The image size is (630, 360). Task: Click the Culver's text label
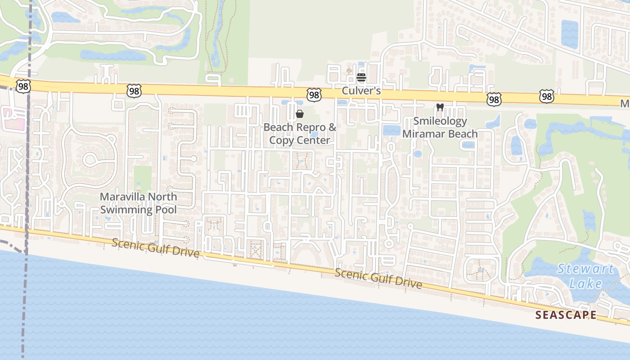361,91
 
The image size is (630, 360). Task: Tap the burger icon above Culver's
361,77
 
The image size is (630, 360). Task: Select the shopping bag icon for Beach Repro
300,114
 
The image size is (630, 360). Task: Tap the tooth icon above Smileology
440,108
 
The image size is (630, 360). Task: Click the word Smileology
440,121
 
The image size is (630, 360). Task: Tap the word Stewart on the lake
585,270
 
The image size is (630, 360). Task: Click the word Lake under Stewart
585,283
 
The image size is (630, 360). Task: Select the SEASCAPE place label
566,315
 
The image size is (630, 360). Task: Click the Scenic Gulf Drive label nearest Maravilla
155,247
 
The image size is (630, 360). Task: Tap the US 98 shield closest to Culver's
315,94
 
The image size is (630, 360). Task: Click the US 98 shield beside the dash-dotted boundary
23,86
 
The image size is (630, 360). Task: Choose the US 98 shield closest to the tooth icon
494,99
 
